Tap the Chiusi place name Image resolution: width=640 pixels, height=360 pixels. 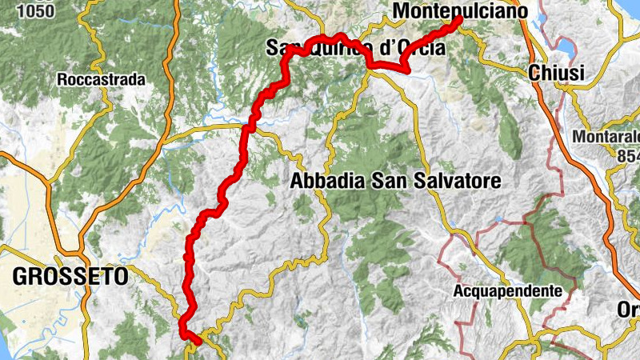pos(557,73)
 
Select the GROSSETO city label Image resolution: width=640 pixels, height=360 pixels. pos(70,277)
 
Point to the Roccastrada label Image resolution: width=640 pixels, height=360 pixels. pos(101,80)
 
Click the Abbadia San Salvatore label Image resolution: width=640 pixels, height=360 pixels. pos(395,181)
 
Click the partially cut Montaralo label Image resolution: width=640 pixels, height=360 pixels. pos(605,137)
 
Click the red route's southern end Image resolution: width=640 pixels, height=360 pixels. pos(198,342)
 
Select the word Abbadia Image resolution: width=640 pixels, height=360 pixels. pos(323,181)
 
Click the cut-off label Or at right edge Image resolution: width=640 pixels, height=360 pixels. pos(628,309)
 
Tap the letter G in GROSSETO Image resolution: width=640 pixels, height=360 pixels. pos(19,277)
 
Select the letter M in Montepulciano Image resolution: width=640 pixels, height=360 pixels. pos(402,12)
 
